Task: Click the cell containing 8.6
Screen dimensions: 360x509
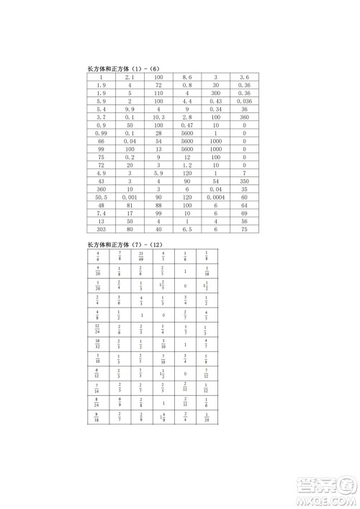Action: coord(186,77)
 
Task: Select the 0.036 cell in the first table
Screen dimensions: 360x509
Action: coord(245,101)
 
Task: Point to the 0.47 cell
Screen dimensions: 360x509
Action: coord(186,125)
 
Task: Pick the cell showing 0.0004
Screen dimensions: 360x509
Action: coord(215,197)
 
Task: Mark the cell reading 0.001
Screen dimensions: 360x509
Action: coord(130,197)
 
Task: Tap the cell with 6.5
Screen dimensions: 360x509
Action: coord(186,229)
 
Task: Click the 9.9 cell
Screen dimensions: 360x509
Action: coord(130,109)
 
